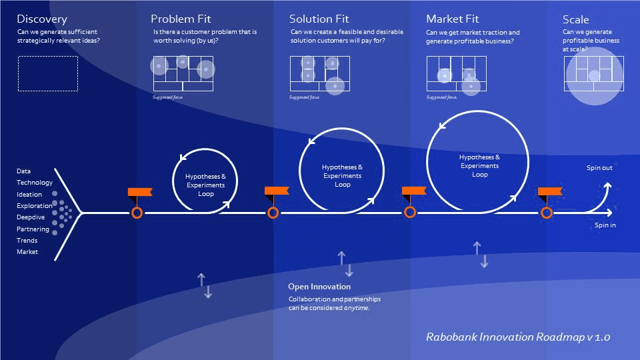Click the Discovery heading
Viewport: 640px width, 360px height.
click(41, 19)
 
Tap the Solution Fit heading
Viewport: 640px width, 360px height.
click(319, 19)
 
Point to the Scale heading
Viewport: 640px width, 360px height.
click(575, 20)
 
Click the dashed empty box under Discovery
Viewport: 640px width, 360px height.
click(47, 73)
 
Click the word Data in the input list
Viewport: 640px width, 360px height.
click(24, 171)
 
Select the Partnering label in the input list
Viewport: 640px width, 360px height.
click(33, 229)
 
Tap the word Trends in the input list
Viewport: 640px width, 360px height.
click(27, 241)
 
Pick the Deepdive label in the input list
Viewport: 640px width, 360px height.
click(31, 217)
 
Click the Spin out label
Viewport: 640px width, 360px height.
click(599, 168)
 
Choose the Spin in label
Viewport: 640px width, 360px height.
click(605, 225)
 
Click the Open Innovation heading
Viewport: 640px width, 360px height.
click(319, 287)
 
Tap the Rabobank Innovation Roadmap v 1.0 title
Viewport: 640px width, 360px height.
click(517, 337)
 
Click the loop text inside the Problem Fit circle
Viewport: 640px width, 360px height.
click(205, 185)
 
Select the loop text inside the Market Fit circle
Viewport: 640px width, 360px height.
click(479, 165)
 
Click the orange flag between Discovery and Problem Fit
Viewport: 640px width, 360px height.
click(140, 193)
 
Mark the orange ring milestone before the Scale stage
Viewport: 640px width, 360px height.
click(547, 213)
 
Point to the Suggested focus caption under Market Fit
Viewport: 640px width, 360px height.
click(441, 97)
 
